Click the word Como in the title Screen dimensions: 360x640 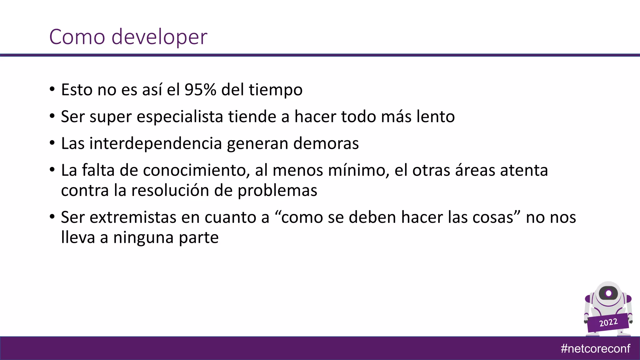click(x=77, y=37)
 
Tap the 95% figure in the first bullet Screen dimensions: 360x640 click(x=200, y=90)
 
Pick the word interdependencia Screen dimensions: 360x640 click(x=156, y=144)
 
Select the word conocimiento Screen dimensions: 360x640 click(x=196, y=171)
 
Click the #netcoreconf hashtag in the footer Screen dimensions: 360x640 click(x=595, y=348)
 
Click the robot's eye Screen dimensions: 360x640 click(x=608, y=293)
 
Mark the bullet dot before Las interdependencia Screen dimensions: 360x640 click(x=52, y=143)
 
